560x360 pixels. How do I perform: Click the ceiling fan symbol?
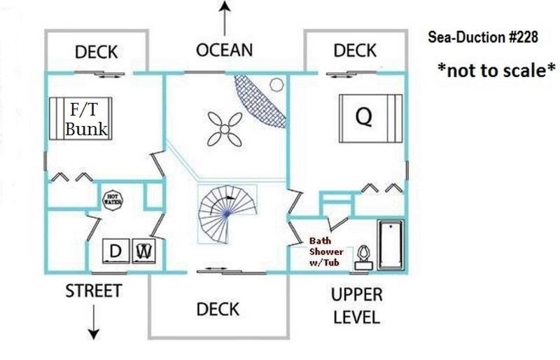click(x=225, y=129)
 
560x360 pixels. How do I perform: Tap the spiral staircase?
click(x=227, y=214)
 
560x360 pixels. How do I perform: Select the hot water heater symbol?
click(x=113, y=199)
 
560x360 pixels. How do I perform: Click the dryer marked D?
click(x=115, y=251)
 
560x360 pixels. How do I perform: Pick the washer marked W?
click(x=144, y=251)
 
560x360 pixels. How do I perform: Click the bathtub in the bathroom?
click(x=391, y=245)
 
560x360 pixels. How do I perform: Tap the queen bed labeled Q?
click(x=371, y=118)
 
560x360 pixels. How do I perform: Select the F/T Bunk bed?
click(x=80, y=118)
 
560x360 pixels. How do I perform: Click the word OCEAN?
click(x=224, y=50)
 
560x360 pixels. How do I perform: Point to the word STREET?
click(x=94, y=291)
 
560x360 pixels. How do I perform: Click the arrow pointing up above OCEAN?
click(x=224, y=18)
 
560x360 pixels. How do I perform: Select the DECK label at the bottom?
click(x=218, y=310)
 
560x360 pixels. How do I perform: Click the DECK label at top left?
click(x=96, y=53)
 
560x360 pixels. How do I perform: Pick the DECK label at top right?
click(x=355, y=50)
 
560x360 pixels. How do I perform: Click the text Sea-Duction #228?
click(x=483, y=37)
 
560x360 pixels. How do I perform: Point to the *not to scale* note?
click(x=496, y=70)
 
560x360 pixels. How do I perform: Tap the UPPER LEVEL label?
click(x=357, y=306)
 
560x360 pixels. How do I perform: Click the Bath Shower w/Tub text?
click(x=326, y=251)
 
